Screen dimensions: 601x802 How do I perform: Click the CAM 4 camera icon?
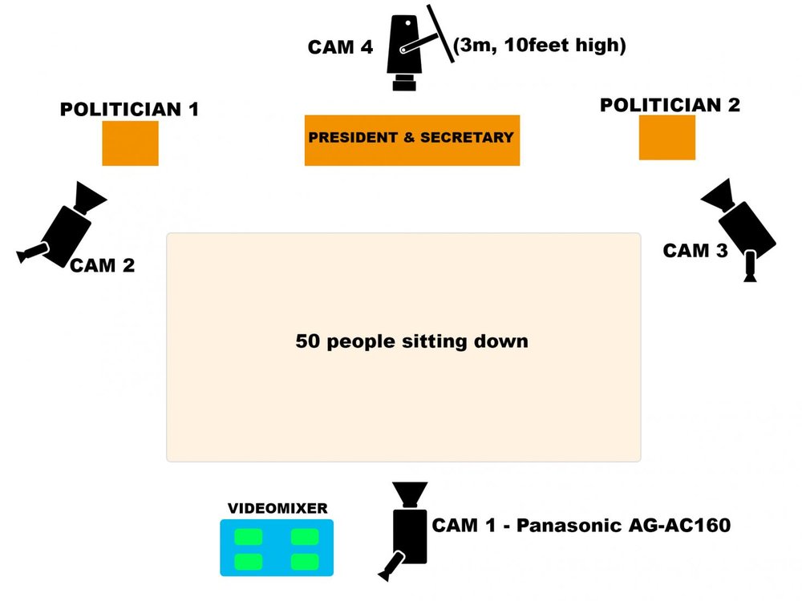pyautogui.click(x=408, y=50)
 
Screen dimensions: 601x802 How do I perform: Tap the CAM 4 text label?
pyautogui.click(x=340, y=47)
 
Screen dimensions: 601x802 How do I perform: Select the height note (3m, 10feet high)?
pyautogui.click(x=539, y=46)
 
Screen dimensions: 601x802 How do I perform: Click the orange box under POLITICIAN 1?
pyautogui.click(x=130, y=143)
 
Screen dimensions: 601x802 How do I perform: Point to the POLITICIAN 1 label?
pyautogui.click(x=129, y=109)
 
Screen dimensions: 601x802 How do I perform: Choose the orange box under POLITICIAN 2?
pyautogui.click(x=666, y=137)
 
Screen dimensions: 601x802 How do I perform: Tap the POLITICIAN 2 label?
pyautogui.click(x=670, y=104)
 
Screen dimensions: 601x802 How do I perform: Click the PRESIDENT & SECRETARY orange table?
pyautogui.click(x=411, y=140)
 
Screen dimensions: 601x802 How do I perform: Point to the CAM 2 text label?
pyautogui.click(x=102, y=265)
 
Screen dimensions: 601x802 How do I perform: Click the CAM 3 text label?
pyautogui.click(x=695, y=251)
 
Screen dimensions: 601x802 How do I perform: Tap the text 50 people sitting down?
pyautogui.click(x=411, y=341)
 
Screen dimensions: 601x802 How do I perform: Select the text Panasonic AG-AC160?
pyautogui.click(x=623, y=526)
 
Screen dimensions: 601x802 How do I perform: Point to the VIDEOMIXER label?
pyautogui.click(x=277, y=508)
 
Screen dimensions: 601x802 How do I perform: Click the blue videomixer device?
pyautogui.click(x=277, y=548)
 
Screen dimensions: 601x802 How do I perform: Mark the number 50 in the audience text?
pyautogui.click(x=306, y=341)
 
